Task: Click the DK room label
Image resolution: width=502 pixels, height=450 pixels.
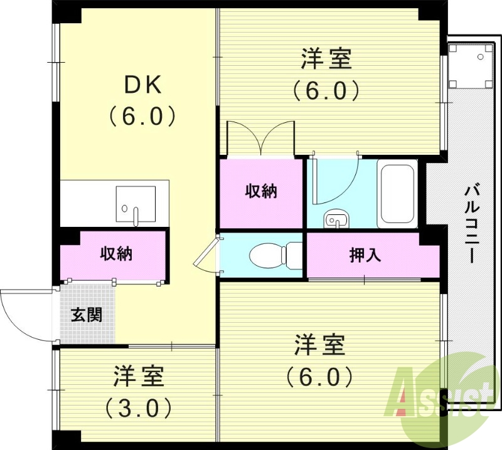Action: (143, 85)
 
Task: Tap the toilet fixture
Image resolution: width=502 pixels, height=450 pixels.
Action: (276, 254)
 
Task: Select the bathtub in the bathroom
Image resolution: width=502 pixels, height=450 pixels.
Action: (397, 194)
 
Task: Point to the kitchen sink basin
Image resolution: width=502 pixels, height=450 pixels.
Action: (136, 204)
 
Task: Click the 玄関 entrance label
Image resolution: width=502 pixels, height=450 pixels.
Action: (87, 315)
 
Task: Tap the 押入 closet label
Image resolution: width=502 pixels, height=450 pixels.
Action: (365, 255)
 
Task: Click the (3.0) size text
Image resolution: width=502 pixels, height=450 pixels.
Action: (138, 407)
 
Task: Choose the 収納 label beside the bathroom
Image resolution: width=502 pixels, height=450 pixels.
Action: (261, 191)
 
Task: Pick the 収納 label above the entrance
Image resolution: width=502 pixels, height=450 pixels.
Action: (116, 254)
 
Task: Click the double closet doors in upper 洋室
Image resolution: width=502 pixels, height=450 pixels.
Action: (260, 138)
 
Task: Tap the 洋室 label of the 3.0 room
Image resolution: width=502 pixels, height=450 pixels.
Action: (138, 376)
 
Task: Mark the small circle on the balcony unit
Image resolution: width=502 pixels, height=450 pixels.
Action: (480, 57)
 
